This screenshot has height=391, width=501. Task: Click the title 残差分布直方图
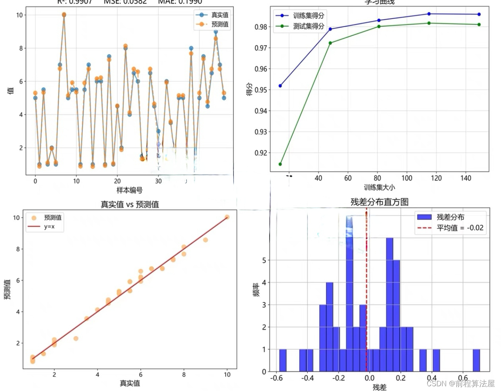[379, 202]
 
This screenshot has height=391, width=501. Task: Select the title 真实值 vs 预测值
[130, 204]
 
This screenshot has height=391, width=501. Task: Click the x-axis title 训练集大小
[379, 187]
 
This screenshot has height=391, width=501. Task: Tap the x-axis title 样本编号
[130, 190]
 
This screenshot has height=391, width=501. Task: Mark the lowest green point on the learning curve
[280, 164]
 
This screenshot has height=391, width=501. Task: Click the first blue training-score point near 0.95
[280, 86]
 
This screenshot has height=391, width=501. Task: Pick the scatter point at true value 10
[227, 217]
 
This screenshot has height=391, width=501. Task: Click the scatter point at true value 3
[76, 339]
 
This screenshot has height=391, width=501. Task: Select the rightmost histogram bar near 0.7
[476, 360]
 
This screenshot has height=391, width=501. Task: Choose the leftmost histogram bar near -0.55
[283, 360]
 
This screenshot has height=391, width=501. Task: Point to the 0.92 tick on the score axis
[261, 153]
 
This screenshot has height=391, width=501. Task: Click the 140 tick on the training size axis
[466, 178]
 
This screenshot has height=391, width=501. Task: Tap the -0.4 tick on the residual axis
[307, 378]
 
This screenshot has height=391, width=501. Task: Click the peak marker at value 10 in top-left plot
[64, 15]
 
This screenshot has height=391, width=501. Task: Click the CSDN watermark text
[460, 383]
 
